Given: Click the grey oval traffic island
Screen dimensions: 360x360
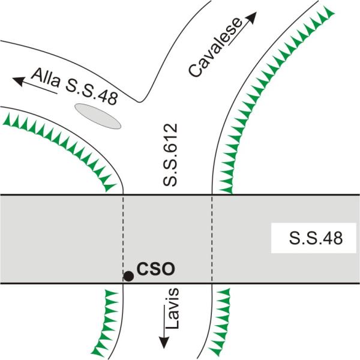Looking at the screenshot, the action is point(98,115).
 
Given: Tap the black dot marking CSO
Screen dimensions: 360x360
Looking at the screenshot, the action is point(128,276).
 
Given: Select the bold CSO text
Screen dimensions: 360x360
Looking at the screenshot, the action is point(155,269).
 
